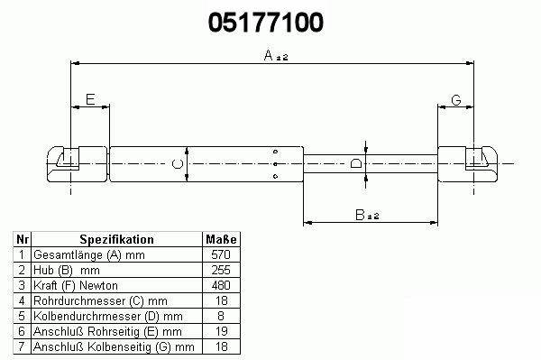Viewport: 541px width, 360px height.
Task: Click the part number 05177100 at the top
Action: point(266,23)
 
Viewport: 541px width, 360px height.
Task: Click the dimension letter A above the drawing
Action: point(269,55)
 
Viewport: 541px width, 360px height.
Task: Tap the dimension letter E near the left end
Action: point(90,99)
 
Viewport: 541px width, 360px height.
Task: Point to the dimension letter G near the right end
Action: point(456,100)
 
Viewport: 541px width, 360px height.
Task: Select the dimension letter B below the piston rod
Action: point(360,215)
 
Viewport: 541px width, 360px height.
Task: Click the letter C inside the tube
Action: point(178,163)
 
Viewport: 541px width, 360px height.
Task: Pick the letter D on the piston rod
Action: point(356,163)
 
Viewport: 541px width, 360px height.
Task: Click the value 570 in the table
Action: point(221,254)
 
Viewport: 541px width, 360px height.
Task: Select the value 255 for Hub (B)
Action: point(221,270)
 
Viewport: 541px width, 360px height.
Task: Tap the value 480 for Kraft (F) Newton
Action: point(221,285)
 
